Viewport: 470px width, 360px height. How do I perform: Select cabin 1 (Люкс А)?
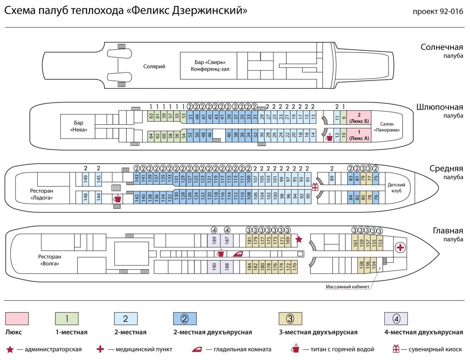[x=358, y=135]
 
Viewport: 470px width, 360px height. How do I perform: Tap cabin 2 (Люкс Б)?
[x=358, y=117]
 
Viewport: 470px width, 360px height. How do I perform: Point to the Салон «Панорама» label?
[x=387, y=126]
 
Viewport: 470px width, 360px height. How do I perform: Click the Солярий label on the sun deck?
[x=154, y=67]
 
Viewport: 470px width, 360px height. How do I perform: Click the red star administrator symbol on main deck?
[x=298, y=239]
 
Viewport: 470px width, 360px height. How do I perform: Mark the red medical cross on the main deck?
[x=400, y=247]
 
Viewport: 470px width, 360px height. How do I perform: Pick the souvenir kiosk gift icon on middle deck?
[x=315, y=187]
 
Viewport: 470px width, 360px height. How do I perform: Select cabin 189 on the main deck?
[x=214, y=240]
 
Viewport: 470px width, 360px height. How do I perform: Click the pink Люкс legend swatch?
[x=17, y=319]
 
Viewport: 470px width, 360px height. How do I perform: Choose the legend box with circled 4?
[x=396, y=319]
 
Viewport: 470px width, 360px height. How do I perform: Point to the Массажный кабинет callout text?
[x=347, y=286]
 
